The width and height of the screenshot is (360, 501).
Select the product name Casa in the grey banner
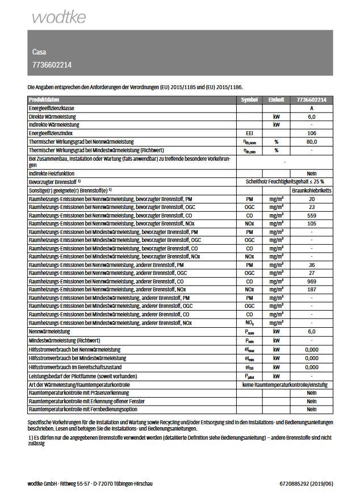(x=40, y=52)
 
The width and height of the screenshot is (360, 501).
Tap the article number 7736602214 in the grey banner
(x=52, y=65)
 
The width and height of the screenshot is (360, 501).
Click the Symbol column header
(x=249, y=99)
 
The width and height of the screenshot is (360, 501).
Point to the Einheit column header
(x=276, y=99)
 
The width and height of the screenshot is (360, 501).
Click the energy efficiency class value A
(x=312, y=108)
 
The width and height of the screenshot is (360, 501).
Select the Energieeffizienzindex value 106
(x=312, y=132)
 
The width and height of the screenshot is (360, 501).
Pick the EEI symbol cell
(x=249, y=132)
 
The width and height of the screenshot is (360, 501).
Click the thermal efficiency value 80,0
(x=312, y=141)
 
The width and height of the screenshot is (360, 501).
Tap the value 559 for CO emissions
(x=312, y=215)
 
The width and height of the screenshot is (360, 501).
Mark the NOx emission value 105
(x=312, y=224)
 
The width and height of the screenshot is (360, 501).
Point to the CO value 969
(x=312, y=281)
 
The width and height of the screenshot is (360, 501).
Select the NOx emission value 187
(x=312, y=290)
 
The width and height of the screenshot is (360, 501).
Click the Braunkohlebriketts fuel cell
(x=312, y=191)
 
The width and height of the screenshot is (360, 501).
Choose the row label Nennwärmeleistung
(x=49, y=331)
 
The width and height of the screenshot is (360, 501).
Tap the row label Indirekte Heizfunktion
(x=52, y=173)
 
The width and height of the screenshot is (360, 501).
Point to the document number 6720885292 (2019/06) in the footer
(x=306, y=483)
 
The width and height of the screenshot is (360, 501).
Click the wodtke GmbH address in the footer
(x=90, y=483)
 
